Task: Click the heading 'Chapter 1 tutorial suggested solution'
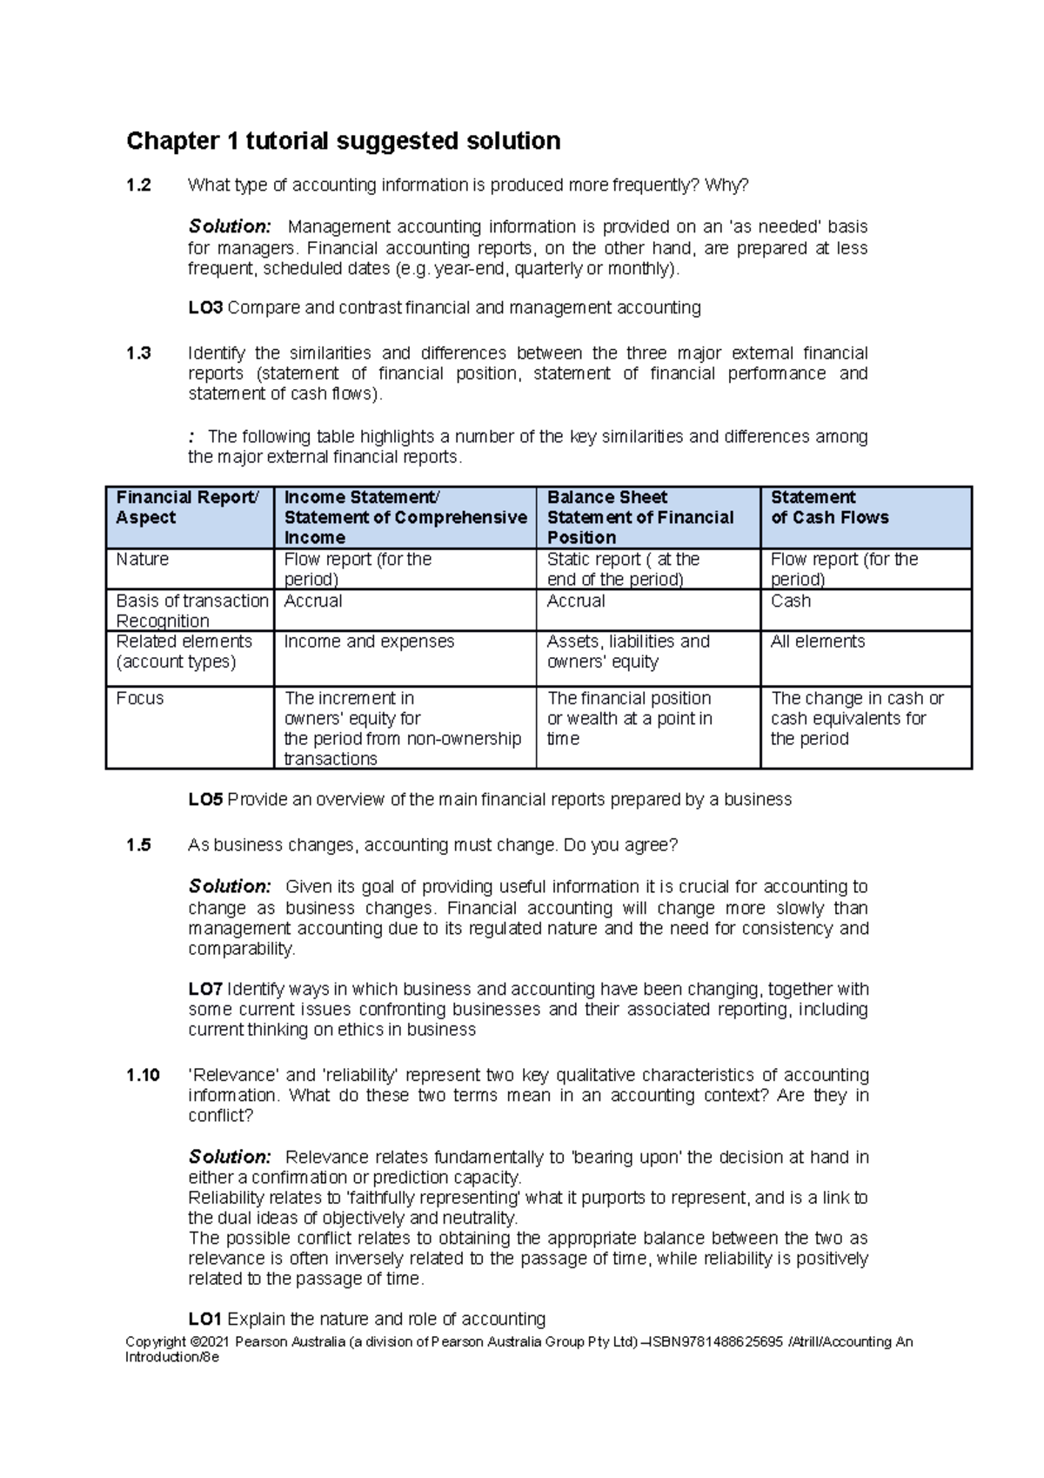tap(343, 141)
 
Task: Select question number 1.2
tap(138, 185)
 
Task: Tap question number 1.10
tap(143, 1075)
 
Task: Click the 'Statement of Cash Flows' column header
tap(829, 507)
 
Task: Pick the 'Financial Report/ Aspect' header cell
tap(187, 507)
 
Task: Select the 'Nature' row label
tap(143, 560)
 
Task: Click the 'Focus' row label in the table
tap(140, 698)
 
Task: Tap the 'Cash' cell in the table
tap(790, 601)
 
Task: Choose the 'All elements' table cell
tap(817, 642)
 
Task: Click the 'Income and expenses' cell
tap(369, 642)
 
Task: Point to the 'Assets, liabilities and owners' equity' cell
tap(627, 652)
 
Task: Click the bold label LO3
tap(205, 308)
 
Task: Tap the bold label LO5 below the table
tap(205, 800)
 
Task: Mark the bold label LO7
tap(205, 990)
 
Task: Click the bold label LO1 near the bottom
tap(205, 1319)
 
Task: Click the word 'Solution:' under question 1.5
tap(230, 887)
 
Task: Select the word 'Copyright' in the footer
tap(155, 1342)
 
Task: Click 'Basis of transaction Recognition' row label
tap(191, 611)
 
